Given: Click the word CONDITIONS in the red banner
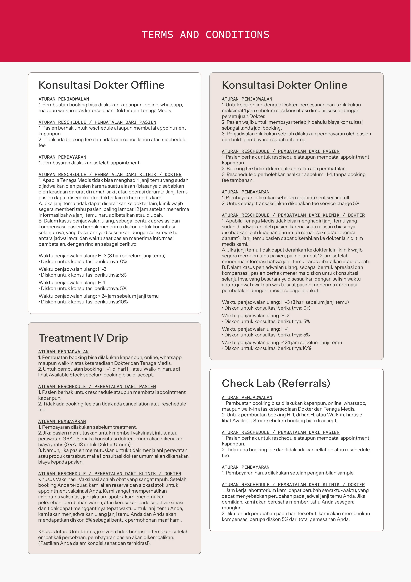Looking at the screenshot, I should click(237, 35).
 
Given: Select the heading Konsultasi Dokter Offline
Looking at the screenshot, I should click(101, 85).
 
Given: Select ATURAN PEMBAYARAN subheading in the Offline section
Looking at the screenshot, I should click(62, 157).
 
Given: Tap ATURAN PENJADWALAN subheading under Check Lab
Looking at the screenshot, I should click(247, 398).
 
